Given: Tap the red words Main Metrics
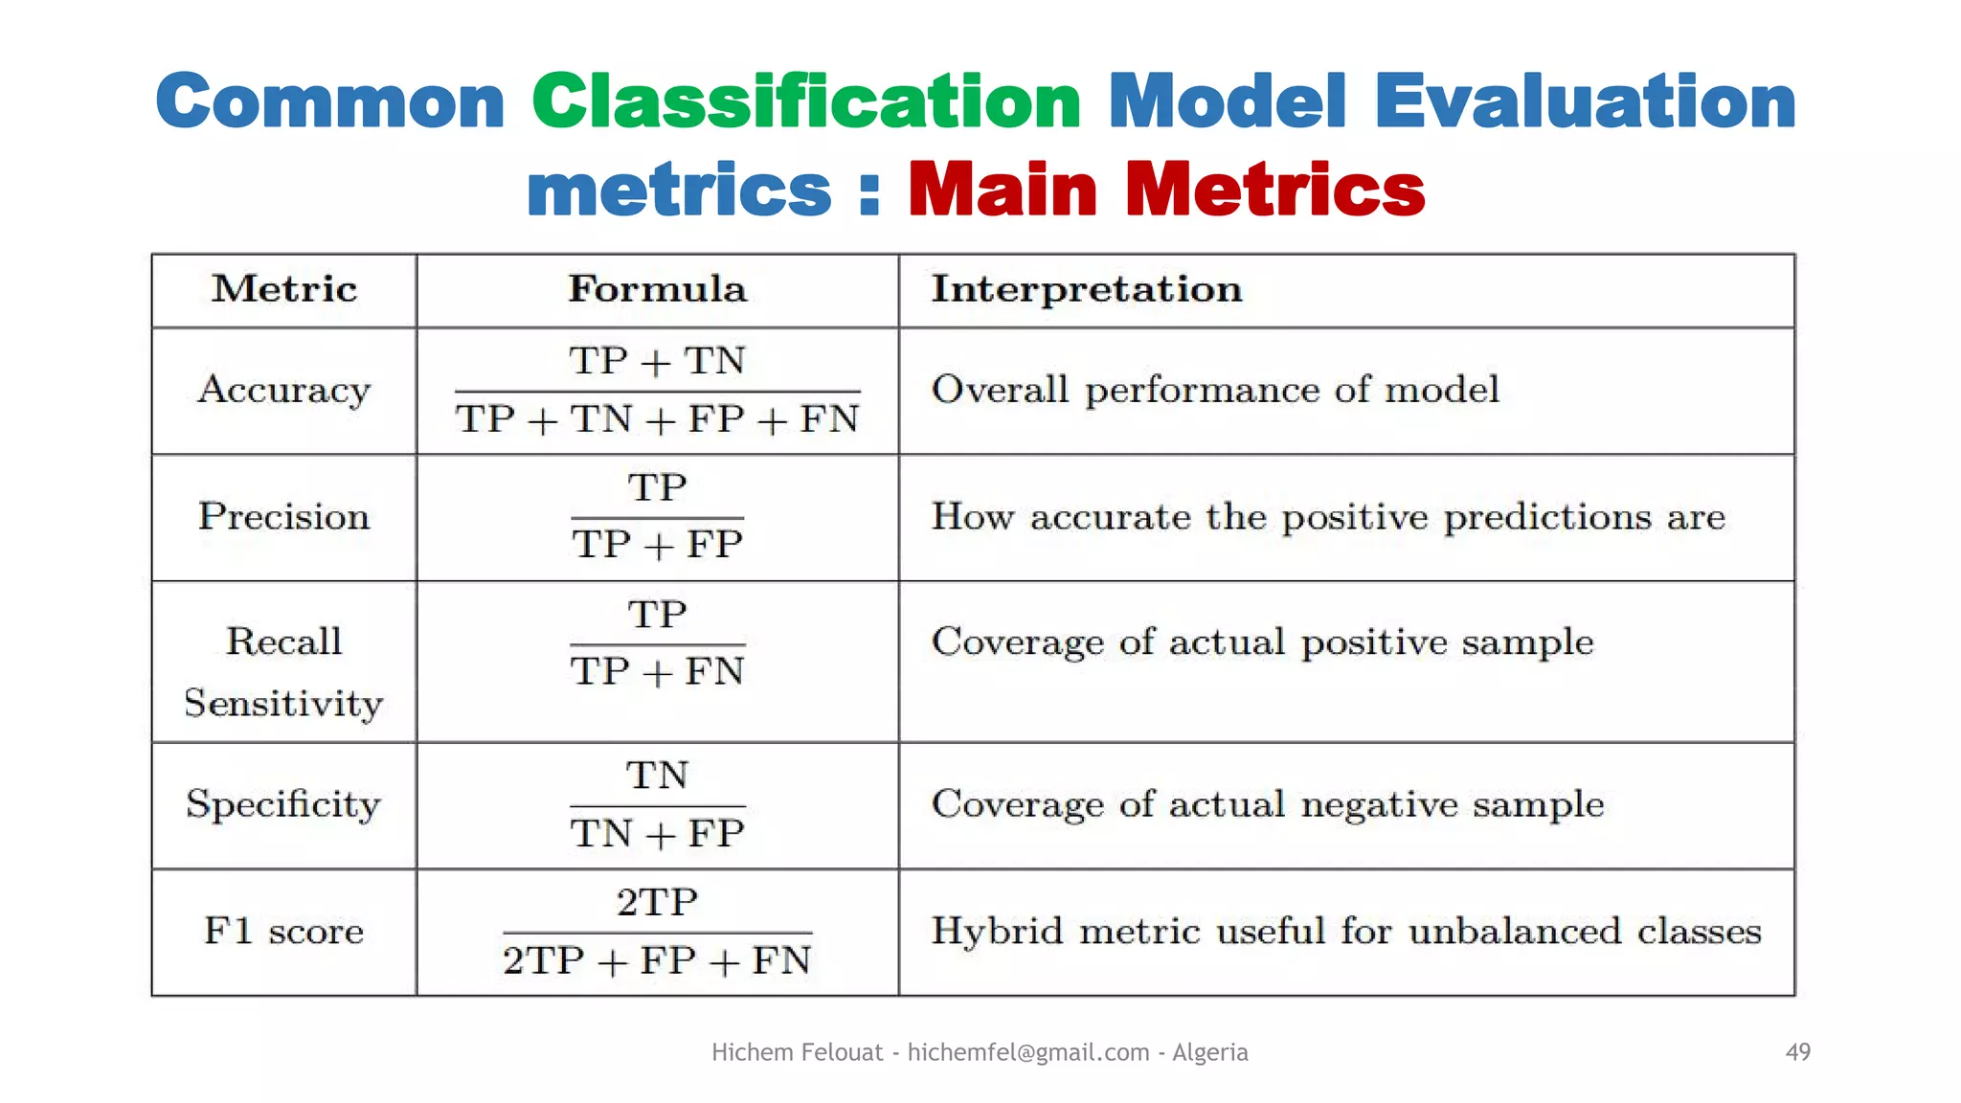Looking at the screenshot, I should (x=1166, y=190).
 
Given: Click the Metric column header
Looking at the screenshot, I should (x=284, y=289).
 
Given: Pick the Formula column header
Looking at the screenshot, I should (x=657, y=289).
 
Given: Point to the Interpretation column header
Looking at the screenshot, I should (x=1087, y=289).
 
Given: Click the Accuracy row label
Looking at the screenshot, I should (x=284, y=390).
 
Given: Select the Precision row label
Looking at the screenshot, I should (x=284, y=517).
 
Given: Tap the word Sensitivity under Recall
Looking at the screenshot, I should (x=284, y=704).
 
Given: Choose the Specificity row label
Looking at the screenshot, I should (x=284, y=804).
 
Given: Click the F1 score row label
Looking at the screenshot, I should (x=284, y=932).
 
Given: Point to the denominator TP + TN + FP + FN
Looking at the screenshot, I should (x=657, y=419).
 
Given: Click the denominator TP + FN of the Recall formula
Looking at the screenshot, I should (x=657, y=672).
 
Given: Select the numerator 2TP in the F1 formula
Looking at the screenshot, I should (x=657, y=903).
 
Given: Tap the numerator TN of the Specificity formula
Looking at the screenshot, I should (x=657, y=776).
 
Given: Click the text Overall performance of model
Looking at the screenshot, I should (x=1215, y=390).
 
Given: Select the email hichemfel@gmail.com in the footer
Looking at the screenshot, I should (x=1028, y=1052).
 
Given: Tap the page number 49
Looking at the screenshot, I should (x=1797, y=1052).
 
